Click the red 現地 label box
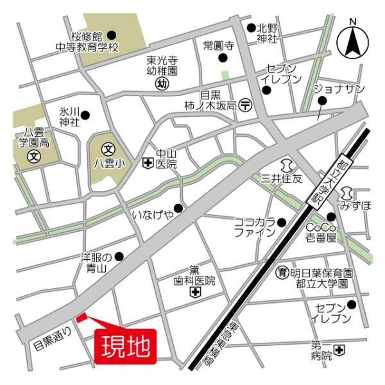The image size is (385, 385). pos(125,345)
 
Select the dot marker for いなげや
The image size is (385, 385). pos(178,208)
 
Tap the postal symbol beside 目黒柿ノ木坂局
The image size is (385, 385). pos(244,104)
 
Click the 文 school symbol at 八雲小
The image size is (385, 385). pos(108,148)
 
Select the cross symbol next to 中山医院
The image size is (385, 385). pos(148,164)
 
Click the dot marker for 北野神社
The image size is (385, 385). pos(251,28)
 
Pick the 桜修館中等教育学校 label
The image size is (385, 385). pos(87,42)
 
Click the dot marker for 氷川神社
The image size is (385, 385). pos(85,116)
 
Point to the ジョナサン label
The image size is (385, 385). pos(338,88)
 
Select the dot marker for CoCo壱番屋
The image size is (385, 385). pos(331,217)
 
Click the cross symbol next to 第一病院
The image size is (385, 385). pos(339,350)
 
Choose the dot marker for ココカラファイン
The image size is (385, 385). pos(281,222)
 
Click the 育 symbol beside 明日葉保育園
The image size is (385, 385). pos(281,272)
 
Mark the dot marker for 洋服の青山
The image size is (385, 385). pos(119,256)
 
